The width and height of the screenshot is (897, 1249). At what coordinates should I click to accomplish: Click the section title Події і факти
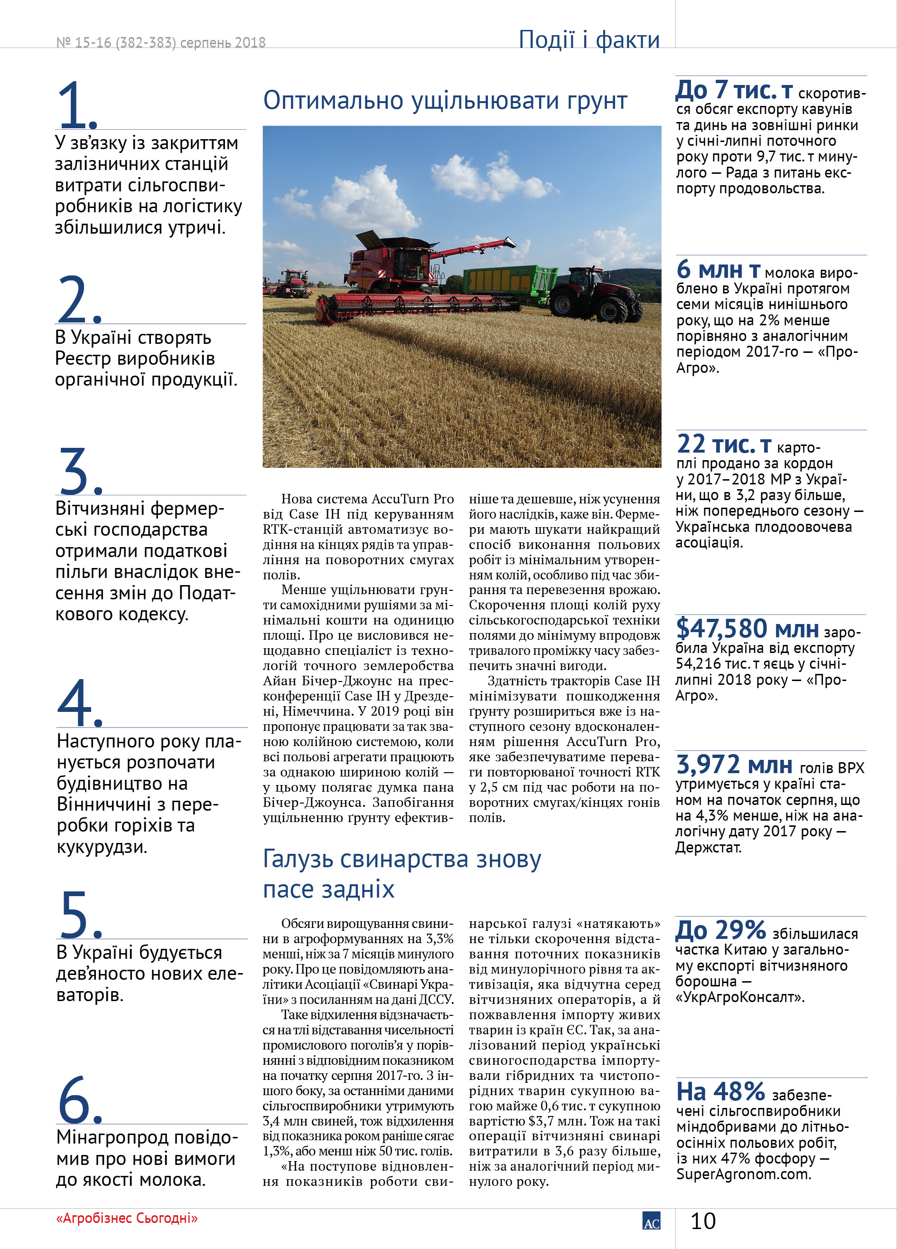click(x=589, y=40)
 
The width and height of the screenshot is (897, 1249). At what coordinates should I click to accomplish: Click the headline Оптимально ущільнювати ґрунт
click(x=445, y=101)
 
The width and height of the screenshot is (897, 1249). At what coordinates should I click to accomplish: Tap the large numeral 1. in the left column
click(x=77, y=105)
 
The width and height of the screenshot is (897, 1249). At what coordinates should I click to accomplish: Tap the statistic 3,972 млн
click(x=734, y=765)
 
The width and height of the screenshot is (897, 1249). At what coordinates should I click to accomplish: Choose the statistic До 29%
click(x=720, y=931)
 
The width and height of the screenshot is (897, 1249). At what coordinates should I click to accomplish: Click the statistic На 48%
click(x=720, y=1091)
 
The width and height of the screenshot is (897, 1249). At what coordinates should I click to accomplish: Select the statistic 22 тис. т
click(x=724, y=445)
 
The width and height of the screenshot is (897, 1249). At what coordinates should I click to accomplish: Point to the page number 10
click(x=703, y=1221)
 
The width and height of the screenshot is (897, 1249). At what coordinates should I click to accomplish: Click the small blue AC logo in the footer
click(x=651, y=1221)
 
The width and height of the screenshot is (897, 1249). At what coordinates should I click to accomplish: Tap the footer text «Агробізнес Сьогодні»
click(x=127, y=1218)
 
